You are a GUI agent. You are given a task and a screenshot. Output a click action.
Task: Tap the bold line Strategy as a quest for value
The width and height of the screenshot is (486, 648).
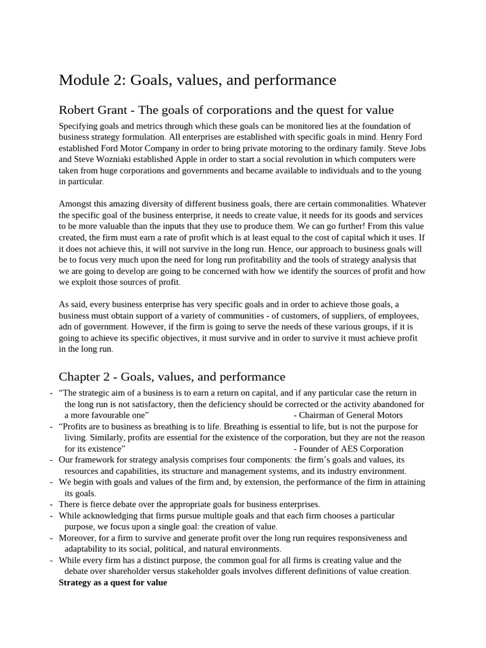(113, 582)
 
